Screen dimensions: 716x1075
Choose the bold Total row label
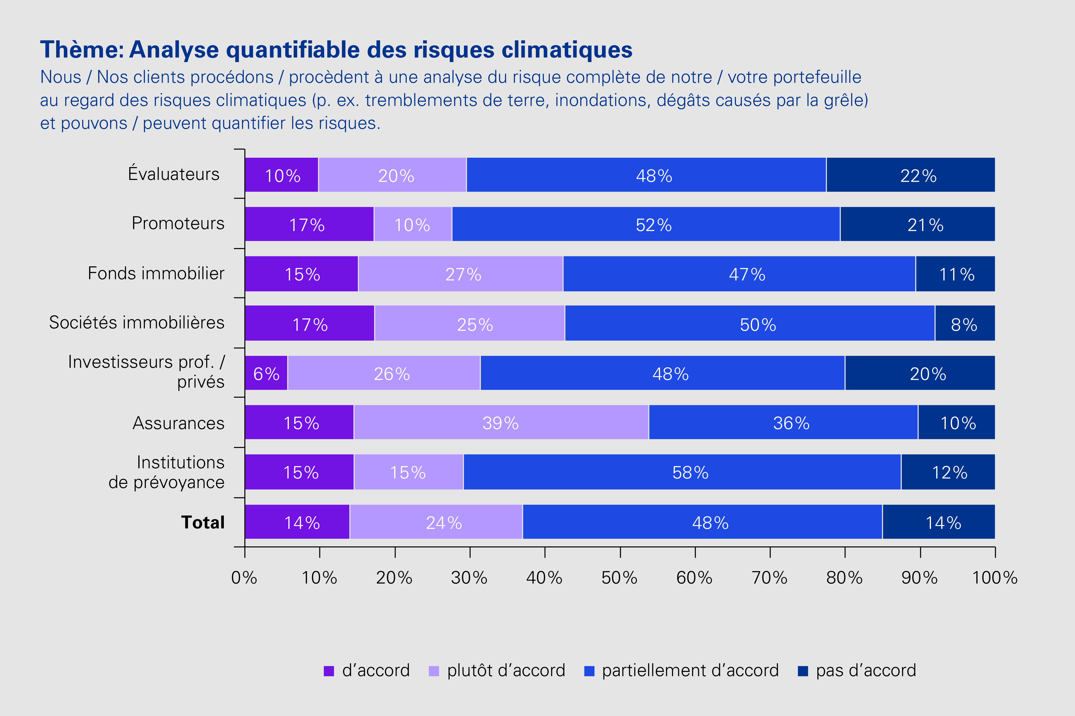click(x=203, y=522)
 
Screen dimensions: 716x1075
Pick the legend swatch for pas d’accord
click(x=803, y=671)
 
